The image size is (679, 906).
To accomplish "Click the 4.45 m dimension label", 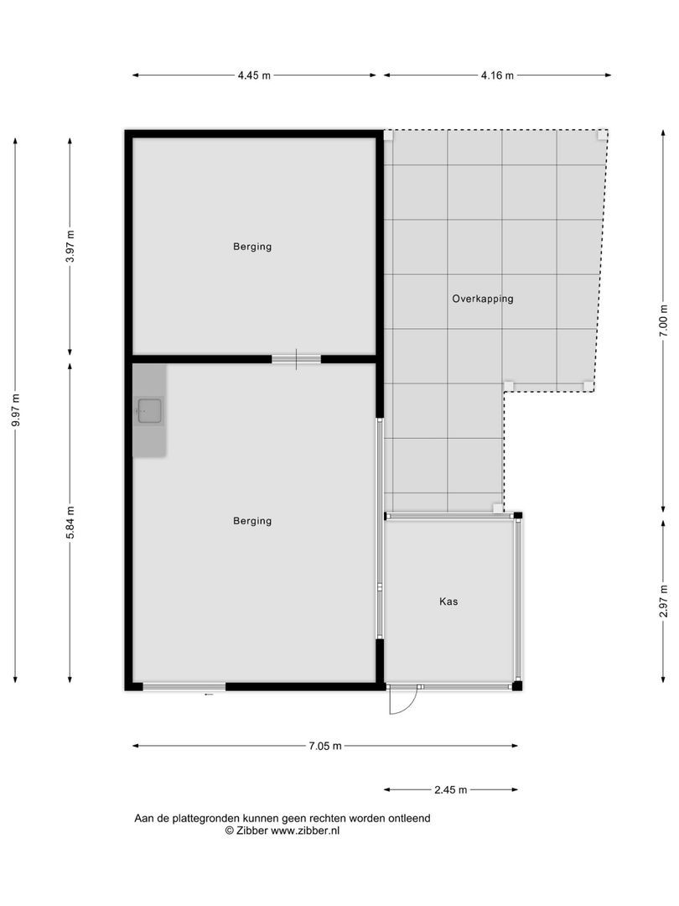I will [x=254, y=75].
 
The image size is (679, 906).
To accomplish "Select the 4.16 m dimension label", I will [x=497, y=75].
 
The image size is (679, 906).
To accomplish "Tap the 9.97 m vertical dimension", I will [x=15, y=411].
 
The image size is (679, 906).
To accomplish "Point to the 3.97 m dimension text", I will [x=70, y=247].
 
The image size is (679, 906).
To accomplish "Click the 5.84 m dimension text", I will [x=70, y=522].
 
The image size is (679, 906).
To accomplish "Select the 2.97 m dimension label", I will [x=663, y=601].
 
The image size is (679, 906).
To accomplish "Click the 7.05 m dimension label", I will [x=324, y=746].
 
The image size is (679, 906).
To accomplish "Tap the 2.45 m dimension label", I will [x=450, y=789].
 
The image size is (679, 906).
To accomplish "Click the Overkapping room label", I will [x=482, y=299].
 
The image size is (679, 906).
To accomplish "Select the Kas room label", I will [x=448, y=601].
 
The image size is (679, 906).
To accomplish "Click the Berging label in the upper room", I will [x=252, y=247].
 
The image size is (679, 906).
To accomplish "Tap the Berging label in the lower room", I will [x=252, y=521].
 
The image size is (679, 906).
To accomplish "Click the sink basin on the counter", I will [x=150, y=410].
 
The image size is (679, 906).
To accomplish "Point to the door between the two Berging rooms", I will [x=296, y=359].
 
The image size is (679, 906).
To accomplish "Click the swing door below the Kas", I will [x=402, y=700].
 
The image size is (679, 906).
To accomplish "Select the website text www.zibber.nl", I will [x=305, y=830].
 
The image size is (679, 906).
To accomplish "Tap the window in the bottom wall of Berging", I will [x=184, y=686].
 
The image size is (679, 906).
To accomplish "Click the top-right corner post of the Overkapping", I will [x=601, y=134].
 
